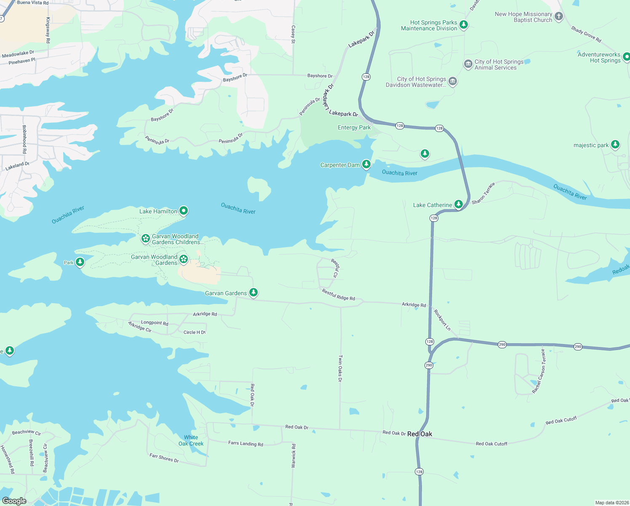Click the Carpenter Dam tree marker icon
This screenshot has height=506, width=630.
click(366, 164)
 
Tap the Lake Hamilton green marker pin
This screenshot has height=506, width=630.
click(183, 210)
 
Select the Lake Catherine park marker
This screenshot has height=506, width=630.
click(458, 204)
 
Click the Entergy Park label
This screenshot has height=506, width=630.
click(354, 127)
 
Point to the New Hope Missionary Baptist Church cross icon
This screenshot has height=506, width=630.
click(558, 16)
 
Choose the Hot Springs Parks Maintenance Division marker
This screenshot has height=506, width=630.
click(463, 24)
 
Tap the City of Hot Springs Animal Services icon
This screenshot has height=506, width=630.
click(468, 64)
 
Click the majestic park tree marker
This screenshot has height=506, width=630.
click(615, 145)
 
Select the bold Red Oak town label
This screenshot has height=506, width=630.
click(419, 434)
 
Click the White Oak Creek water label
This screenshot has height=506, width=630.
click(191, 441)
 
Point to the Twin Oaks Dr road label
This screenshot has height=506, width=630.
click(340, 368)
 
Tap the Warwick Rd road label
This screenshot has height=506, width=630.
click(294, 455)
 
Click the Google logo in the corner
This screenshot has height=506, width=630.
click(14, 501)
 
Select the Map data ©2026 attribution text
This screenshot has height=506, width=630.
click(611, 503)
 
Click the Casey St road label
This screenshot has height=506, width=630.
click(293, 35)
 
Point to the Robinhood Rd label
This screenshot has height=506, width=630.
click(24, 139)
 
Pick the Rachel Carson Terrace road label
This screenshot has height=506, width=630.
click(539, 371)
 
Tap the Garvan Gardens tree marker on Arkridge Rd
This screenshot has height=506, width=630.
click(253, 292)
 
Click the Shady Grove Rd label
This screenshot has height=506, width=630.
click(586, 34)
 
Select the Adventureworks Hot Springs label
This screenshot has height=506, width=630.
click(598, 57)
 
